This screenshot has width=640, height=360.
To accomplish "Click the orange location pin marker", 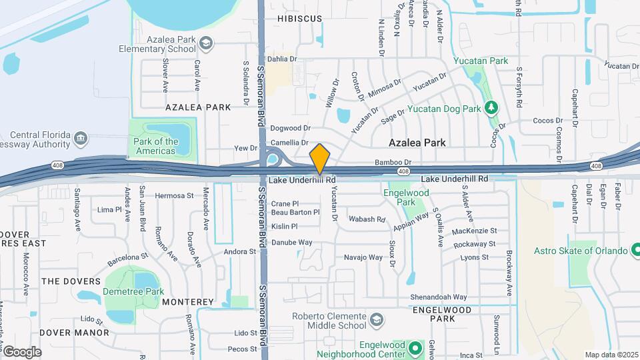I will (x=320, y=159).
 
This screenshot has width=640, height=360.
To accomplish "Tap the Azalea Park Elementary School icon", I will (x=207, y=44).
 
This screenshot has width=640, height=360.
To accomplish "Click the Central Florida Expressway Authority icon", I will (x=81, y=138).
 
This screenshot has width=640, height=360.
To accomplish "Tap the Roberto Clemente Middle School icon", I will (x=377, y=320).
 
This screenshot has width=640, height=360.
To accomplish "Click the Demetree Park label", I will (x=133, y=292).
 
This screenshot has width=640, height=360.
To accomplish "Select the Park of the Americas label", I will (x=155, y=146).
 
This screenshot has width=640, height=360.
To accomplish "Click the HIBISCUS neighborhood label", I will (x=299, y=19).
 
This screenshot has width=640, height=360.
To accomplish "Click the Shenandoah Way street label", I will (x=439, y=297).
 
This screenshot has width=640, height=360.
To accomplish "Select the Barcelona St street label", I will (x=126, y=257).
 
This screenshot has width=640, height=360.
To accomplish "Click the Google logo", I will (x=22, y=351).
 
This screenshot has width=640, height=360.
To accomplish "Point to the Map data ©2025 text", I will (x=611, y=355).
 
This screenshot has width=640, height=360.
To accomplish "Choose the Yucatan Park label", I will (x=481, y=61).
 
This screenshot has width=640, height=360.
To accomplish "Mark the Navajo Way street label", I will (x=363, y=257).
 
